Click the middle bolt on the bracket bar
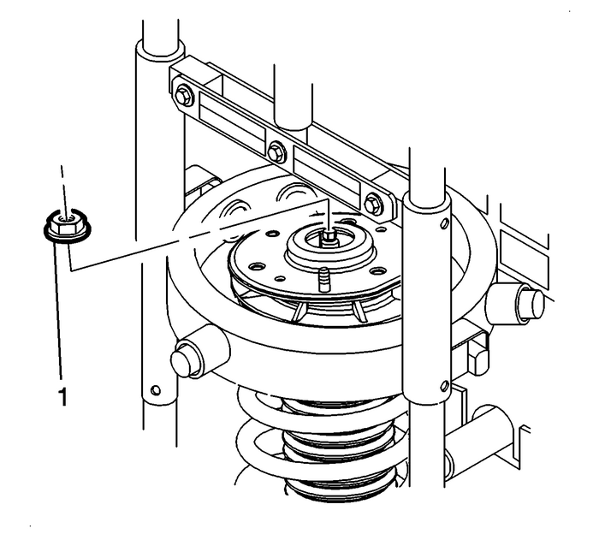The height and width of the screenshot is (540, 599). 276,153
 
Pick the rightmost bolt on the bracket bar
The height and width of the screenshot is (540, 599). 372,205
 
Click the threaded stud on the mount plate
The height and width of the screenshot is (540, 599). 323,279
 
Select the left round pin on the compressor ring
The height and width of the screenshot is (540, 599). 187,358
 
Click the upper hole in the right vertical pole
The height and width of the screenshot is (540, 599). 445,224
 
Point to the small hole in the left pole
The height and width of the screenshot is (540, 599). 155,391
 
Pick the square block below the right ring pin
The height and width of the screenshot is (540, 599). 477,351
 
